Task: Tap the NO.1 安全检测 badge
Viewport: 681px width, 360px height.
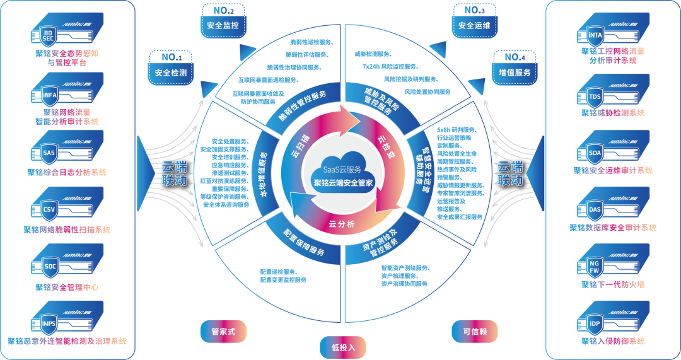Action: [170, 67]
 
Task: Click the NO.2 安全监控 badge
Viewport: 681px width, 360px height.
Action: [223, 20]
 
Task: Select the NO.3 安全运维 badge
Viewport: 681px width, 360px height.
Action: [474, 20]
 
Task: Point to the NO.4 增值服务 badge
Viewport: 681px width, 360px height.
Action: [515, 67]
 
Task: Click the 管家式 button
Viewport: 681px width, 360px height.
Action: [223, 332]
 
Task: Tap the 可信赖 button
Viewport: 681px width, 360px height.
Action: [475, 332]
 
